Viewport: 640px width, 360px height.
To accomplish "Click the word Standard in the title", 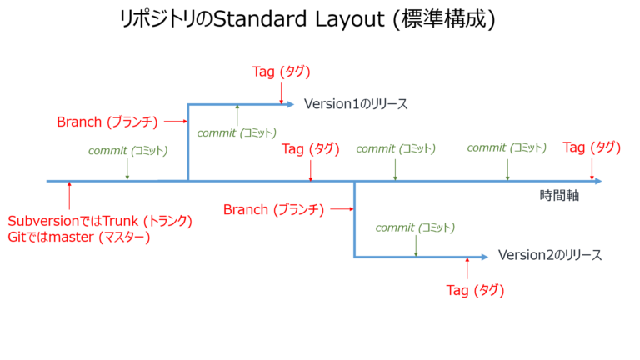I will click(264, 22).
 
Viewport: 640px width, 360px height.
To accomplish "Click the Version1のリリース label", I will click(355, 104).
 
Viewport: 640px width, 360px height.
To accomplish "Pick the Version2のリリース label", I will click(549, 255).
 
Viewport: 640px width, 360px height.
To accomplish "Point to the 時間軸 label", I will click(559, 197).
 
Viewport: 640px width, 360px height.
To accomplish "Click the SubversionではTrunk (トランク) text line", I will click(100, 222).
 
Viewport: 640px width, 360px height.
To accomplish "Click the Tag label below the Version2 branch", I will click(476, 290).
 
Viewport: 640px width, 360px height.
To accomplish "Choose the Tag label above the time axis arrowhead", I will click(592, 147).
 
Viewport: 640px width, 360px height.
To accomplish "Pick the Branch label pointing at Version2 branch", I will click(273, 210).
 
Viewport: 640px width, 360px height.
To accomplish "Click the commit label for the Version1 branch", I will click(236, 132).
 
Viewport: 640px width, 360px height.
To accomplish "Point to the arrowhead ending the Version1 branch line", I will click(289, 104).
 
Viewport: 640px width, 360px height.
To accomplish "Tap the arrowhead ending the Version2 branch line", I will click(483, 257).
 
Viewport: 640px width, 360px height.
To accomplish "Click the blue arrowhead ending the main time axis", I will click(597, 180).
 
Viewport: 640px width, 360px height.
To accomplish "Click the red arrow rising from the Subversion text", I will click(69, 198).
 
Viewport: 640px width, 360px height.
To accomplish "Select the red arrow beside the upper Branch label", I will click(174, 122).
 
